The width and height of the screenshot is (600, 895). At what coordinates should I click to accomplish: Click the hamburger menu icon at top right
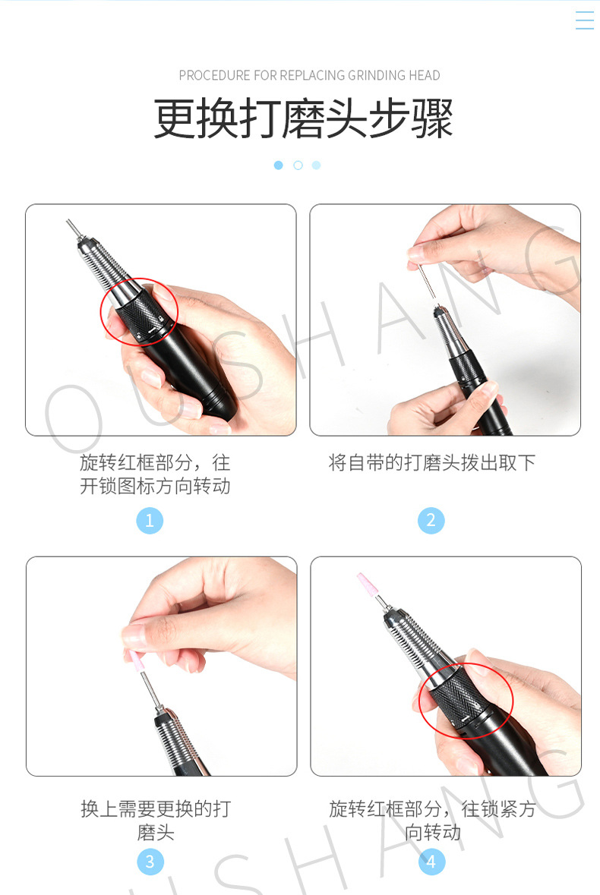tap(584, 20)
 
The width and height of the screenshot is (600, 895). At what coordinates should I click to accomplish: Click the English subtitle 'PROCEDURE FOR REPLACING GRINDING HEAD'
tap(309, 75)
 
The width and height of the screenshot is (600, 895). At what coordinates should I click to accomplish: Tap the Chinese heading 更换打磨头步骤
tap(303, 119)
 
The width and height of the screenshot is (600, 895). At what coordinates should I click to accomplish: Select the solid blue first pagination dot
tap(279, 165)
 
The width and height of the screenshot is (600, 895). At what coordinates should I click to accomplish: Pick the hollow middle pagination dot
tap(298, 165)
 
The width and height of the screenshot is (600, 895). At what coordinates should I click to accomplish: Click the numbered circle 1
tap(150, 520)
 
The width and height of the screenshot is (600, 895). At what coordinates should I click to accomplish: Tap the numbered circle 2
tap(431, 520)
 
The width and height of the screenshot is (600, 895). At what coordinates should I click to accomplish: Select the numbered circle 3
tap(150, 862)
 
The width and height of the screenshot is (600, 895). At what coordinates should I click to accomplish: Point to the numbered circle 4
tap(431, 862)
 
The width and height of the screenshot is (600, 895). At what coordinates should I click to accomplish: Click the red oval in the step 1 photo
tap(140, 313)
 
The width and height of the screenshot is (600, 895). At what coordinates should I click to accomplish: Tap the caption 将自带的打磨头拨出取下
tap(431, 462)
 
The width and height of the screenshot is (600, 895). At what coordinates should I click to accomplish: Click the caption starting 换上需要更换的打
tap(155, 808)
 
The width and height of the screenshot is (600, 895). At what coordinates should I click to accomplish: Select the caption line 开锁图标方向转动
tap(155, 486)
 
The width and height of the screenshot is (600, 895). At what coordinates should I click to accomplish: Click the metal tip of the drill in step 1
tap(73, 228)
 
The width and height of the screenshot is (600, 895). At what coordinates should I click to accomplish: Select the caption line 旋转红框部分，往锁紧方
tap(431, 808)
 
